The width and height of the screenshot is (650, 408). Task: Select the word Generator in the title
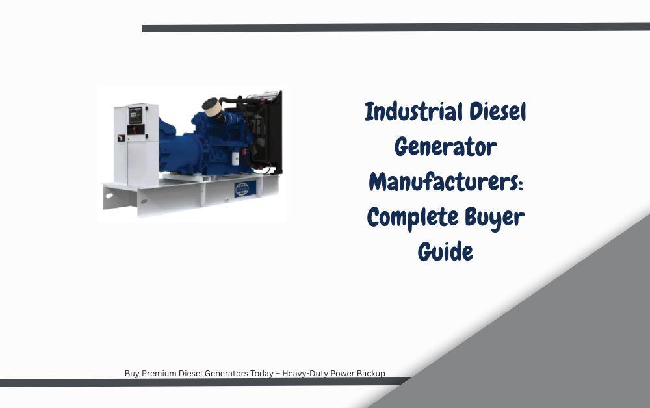click(x=445, y=147)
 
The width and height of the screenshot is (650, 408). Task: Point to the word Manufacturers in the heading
click(x=443, y=182)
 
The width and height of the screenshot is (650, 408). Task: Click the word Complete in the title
click(x=413, y=218)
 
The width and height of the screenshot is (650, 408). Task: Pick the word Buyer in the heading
click(x=495, y=218)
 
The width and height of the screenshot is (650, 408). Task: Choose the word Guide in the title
click(x=445, y=252)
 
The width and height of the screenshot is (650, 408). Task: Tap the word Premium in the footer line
click(x=159, y=373)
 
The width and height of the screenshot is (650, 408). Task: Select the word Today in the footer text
click(x=261, y=373)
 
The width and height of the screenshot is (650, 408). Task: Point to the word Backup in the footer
click(x=370, y=373)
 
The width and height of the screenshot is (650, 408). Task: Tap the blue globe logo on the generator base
click(x=242, y=188)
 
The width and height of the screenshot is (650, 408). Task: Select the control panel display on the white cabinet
click(x=136, y=115)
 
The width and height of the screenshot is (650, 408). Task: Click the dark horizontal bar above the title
click(x=396, y=28)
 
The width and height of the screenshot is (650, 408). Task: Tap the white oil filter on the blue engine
click(x=235, y=159)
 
